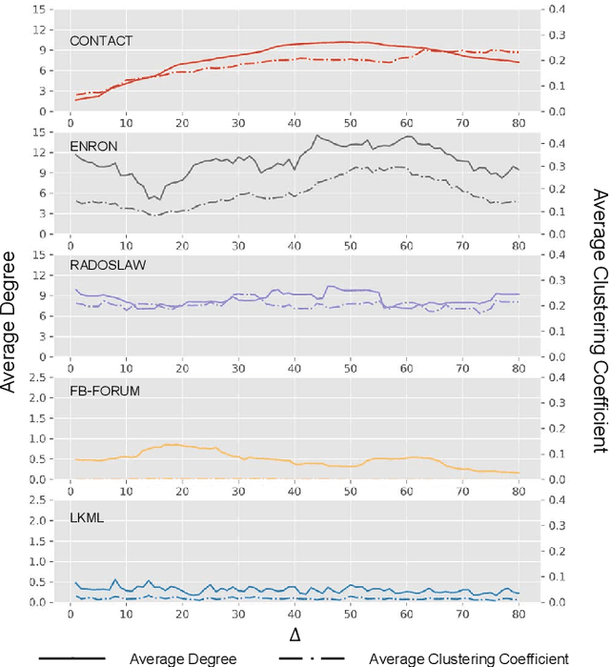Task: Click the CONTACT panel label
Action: pos(101,41)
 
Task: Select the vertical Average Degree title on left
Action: pos(12,309)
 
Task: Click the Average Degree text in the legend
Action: pos(183,657)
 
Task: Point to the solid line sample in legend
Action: pos(72,657)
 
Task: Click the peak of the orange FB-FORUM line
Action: pos(170,444)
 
